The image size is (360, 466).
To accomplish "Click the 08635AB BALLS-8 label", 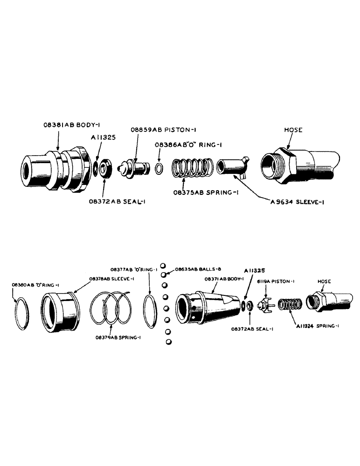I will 196,269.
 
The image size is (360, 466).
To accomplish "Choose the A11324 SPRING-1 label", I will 316,326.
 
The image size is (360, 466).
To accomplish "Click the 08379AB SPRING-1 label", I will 118,337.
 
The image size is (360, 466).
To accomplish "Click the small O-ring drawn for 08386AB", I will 159,168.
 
